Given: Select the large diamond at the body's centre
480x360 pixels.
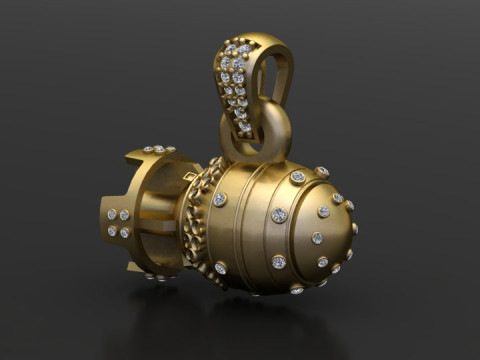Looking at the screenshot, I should pos(279,215).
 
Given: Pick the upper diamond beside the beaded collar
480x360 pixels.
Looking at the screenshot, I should pos(220,199).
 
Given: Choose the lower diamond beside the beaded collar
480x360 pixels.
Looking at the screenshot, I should pos(220,268).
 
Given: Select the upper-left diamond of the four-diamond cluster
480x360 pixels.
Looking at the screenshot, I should pos(111,214).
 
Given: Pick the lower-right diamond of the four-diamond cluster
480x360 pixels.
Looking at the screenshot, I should pos(125,233).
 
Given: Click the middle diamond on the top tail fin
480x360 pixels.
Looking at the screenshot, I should pos(159,149).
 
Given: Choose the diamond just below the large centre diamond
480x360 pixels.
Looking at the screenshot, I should pos(279,262).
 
